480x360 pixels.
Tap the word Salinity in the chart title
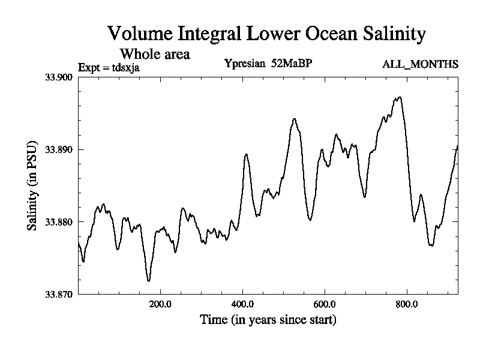tap(393, 34)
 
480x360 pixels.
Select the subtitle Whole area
tap(155, 54)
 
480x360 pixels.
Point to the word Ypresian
tap(244, 64)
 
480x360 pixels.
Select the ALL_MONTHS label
tap(420, 64)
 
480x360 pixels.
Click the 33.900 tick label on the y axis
tap(58, 77)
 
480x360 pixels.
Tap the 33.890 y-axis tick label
tap(58, 149)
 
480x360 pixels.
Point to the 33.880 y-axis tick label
tap(58, 222)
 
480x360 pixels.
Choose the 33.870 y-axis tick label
tap(58, 294)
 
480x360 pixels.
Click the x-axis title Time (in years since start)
tap(268, 320)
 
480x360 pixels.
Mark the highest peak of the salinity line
tap(399, 97)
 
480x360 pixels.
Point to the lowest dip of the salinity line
tap(148, 280)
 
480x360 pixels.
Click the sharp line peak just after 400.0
tap(246, 154)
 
